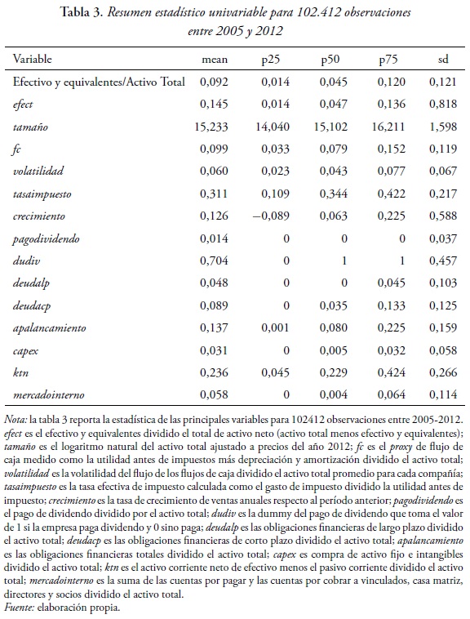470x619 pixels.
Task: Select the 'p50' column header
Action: point(330,60)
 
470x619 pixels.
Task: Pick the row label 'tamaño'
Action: point(31,127)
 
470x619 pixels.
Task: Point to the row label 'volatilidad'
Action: point(38,171)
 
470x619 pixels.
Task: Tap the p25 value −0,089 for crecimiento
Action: point(266,216)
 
